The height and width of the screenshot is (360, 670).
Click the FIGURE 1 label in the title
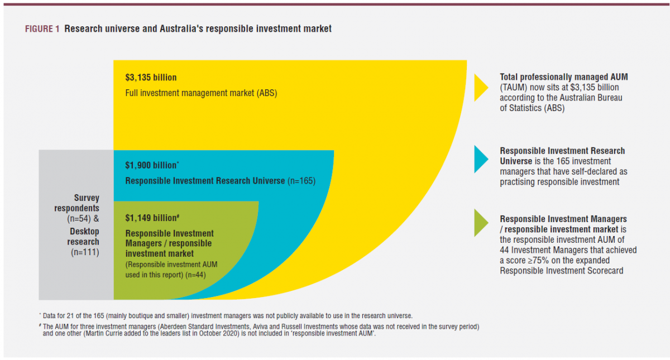click(x=42, y=29)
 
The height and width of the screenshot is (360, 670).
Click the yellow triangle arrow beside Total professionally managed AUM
click(x=481, y=88)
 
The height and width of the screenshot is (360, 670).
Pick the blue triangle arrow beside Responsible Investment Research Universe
click(x=481, y=159)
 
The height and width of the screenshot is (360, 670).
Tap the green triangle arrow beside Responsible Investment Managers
click(x=481, y=223)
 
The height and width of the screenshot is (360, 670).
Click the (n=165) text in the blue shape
click(x=301, y=181)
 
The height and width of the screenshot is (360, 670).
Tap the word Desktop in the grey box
click(x=85, y=231)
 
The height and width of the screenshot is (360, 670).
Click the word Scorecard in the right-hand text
click(x=602, y=271)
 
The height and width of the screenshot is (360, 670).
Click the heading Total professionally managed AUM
click(x=567, y=77)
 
